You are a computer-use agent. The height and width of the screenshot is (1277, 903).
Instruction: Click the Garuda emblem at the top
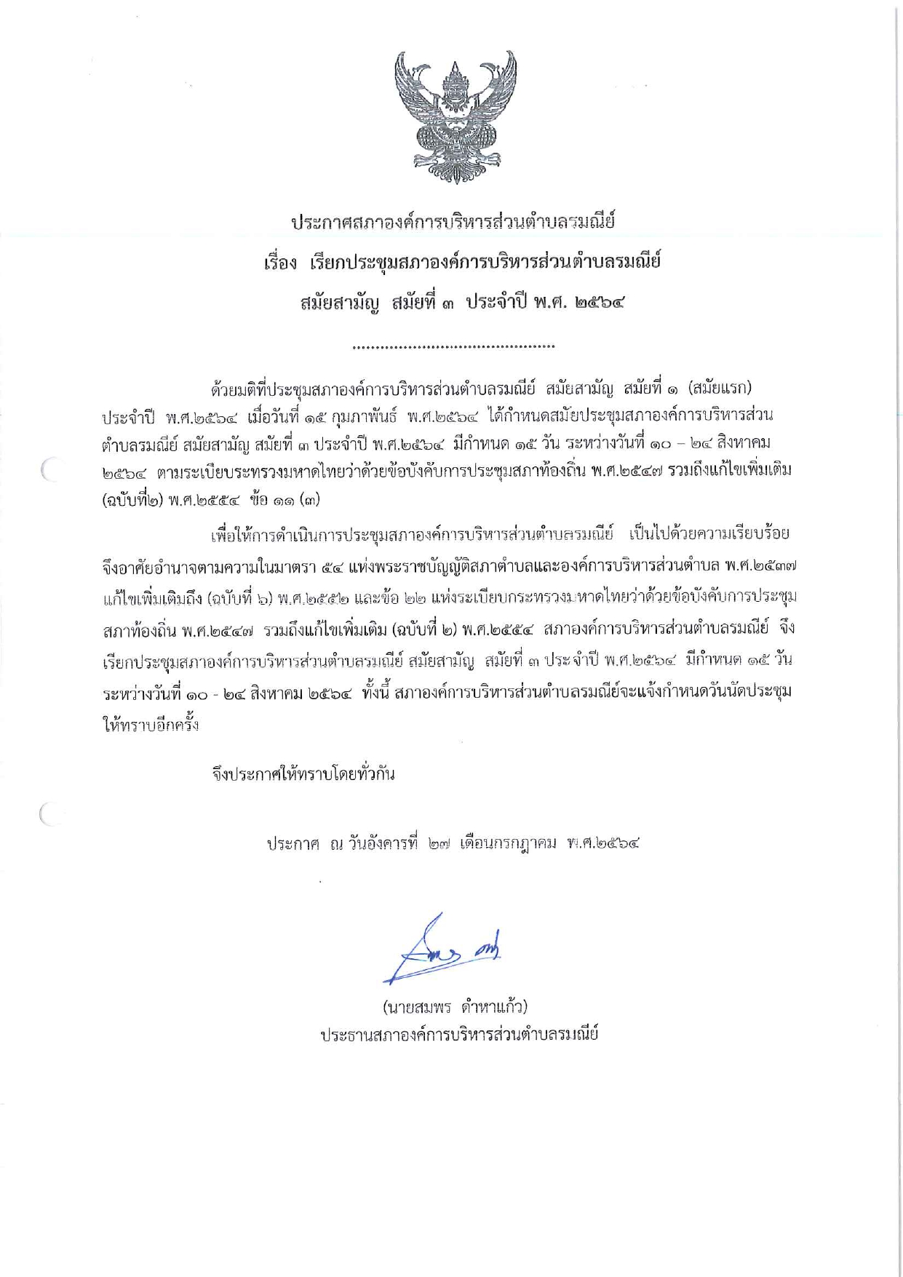[455, 116]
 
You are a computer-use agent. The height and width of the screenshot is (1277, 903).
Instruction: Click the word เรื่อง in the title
[280, 263]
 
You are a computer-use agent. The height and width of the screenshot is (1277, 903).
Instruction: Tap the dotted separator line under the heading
[453, 347]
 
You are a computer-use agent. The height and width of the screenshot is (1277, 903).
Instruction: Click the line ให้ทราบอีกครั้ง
[151, 725]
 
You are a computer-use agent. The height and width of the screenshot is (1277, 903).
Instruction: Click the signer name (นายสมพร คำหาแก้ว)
[455, 1008]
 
